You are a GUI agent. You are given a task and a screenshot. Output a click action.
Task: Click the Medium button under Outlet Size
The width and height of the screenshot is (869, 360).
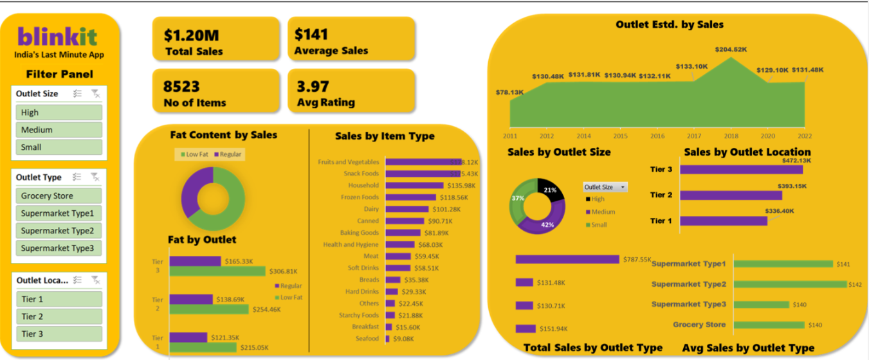pyautogui.click(x=59, y=130)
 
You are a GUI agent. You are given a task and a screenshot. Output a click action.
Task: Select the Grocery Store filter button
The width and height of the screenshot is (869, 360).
pyautogui.click(x=59, y=196)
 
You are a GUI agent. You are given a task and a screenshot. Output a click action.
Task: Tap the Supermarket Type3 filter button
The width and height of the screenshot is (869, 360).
pyautogui.click(x=59, y=248)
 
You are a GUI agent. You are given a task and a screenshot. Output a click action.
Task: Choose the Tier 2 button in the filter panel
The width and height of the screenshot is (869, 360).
pyautogui.click(x=59, y=316)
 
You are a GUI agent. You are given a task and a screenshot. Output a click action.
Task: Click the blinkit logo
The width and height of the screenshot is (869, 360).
pyautogui.click(x=58, y=36)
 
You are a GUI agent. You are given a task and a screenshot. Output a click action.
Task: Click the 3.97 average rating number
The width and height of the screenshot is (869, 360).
pyautogui.click(x=313, y=86)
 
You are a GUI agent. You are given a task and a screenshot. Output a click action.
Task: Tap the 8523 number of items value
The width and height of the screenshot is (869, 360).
pyautogui.click(x=181, y=86)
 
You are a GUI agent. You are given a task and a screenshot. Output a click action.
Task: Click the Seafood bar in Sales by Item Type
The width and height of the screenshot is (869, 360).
pyautogui.click(x=387, y=338)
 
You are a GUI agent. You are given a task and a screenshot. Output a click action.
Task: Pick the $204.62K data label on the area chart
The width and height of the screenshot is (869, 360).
pyautogui.click(x=731, y=49)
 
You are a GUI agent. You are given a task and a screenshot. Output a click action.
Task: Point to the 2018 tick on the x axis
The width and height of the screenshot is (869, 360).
pyautogui.click(x=731, y=136)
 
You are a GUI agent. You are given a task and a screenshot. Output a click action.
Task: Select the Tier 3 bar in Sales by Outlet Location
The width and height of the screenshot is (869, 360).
pyautogui.click(x=741, y=170)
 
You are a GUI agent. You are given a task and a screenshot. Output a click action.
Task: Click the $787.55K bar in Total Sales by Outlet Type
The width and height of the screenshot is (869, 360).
pyautogui.click(x=567, y=259)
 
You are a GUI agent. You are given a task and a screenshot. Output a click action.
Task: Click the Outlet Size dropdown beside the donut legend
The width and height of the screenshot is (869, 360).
pyautogui.click(x=605, y=187)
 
